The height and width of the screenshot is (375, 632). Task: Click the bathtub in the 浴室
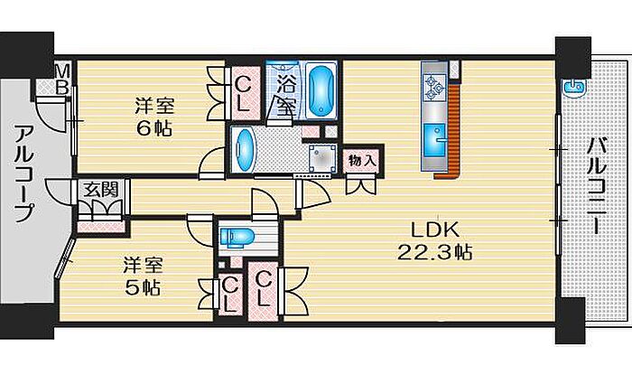coord(321,90)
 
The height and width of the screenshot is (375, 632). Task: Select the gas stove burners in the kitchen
coord(433,88)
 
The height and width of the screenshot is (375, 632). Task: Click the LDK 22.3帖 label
coord(435,241)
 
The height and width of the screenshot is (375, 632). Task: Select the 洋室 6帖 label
coord(154,117)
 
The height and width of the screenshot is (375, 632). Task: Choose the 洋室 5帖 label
coord(143,277)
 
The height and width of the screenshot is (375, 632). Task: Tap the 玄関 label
coord(101,189)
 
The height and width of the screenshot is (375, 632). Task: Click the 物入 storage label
coord(362,161)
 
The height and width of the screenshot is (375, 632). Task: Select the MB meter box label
coord(62,79)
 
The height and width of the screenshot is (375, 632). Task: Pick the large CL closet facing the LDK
coord(263,291)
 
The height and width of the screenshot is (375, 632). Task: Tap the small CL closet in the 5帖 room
coord(229,295)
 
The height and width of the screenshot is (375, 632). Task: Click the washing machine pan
coord(322,157)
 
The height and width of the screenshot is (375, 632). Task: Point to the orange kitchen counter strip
coord(453,130)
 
